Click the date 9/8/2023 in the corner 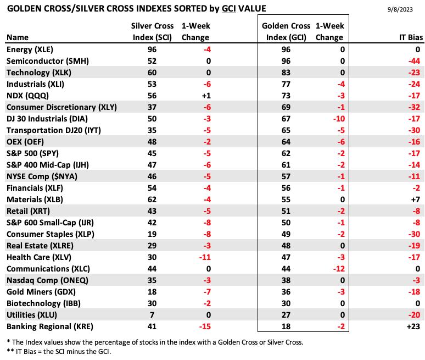point(400,9)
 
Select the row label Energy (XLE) point(30,49)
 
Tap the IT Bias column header point(411,37)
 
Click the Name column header point(18,37)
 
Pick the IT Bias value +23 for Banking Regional point(413,326)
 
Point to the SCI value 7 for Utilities point(152,315)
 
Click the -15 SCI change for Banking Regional point(205,326)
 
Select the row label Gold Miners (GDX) point(41,292)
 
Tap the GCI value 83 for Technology point(286,73)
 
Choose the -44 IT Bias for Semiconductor point(415,61)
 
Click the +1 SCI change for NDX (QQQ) point(206,96)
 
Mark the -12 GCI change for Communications point(339,269)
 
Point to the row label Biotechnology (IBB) point(43,303)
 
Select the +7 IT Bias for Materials point(416,200)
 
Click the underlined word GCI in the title point(229,9)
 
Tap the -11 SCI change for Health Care point(205,257)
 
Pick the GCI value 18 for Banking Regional point(286,326)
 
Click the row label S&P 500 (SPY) point(32,153)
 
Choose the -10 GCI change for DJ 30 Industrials point(339,119)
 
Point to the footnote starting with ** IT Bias point(59,352)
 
